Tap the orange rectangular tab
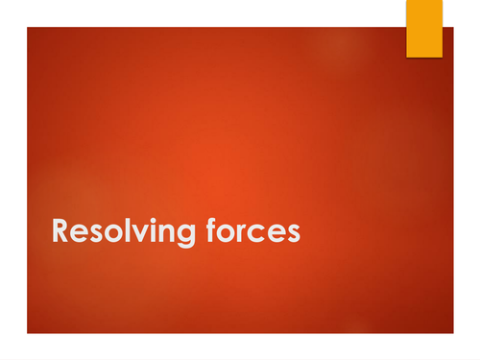tap(424, 28)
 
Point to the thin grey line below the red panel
tap(240, 347)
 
